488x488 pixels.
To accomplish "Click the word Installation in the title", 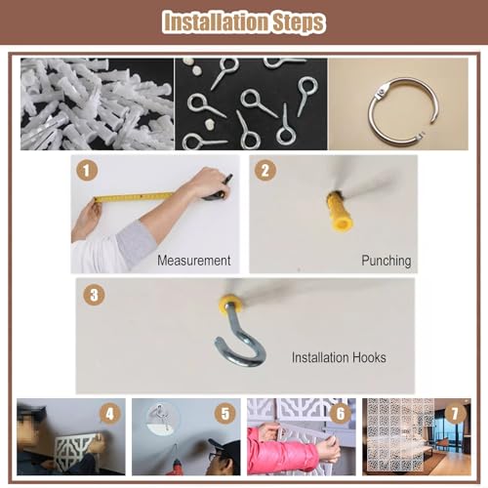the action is pos(216,22).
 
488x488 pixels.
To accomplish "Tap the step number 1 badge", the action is pos(87,170).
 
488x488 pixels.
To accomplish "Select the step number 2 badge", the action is pos(265,170).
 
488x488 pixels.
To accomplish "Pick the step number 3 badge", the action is pos(94,295).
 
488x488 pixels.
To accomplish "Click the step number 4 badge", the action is pos(110,414).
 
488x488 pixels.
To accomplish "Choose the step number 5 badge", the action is pos(225,414).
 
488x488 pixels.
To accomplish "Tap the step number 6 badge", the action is pos(341,414).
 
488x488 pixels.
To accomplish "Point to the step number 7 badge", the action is pos(455,414).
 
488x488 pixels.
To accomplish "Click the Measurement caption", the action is pos(194,261).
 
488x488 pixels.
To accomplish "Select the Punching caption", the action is pos(386,261).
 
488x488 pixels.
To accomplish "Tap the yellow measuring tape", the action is pos(134,197).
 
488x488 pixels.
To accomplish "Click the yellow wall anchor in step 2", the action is pos(340,212).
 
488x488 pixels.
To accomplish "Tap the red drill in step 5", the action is pos(176,465).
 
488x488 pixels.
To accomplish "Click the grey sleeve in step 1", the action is pos(135,244).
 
